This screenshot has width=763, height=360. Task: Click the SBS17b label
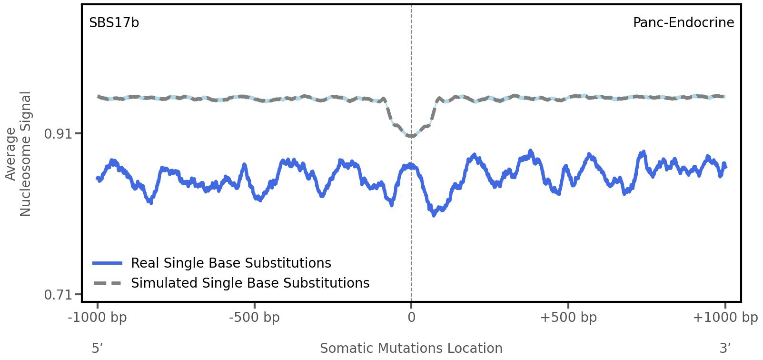point(114,23)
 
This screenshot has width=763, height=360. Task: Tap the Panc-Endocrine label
point(683,23)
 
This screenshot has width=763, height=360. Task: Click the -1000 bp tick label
point(98,318)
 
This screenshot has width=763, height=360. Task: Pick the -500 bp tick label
point(254,318)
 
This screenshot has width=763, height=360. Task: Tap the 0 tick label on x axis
point(411,318)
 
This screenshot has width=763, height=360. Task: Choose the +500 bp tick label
point(568,318)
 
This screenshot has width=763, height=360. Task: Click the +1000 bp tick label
point(725,318)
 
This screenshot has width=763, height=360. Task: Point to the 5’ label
point(98,348)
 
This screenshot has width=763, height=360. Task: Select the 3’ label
point(725,348)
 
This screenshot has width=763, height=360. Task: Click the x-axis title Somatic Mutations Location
point(411,348)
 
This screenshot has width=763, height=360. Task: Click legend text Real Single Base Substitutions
point(231,263)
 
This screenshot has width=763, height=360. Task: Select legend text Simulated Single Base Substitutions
point(250,283)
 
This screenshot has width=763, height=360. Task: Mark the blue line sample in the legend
point(108,263)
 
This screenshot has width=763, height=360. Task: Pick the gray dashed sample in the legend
point(108,283)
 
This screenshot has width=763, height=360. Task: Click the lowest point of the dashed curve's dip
point(411,137)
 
